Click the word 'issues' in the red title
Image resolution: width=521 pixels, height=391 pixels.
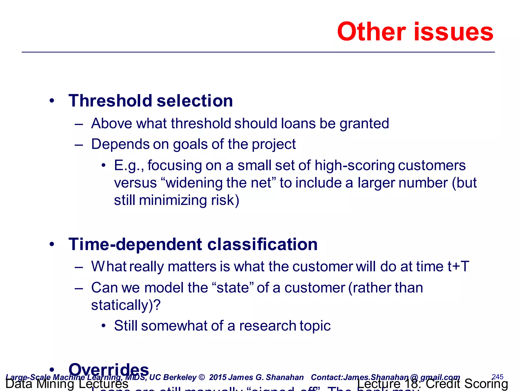coord(454,32)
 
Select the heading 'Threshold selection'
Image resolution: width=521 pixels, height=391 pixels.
coord(151,101)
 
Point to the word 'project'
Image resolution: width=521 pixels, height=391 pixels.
coord(274,144)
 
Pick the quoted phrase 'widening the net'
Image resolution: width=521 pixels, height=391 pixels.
coord(219,183)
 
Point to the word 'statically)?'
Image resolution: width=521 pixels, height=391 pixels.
coord(126,305)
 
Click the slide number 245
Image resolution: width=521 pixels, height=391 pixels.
coord(498,376)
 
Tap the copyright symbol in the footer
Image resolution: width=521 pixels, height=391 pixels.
coord(201,377)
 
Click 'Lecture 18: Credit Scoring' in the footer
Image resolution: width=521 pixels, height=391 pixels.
coord(432,384)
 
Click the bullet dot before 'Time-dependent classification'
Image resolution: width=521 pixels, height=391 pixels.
coord(52,244)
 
